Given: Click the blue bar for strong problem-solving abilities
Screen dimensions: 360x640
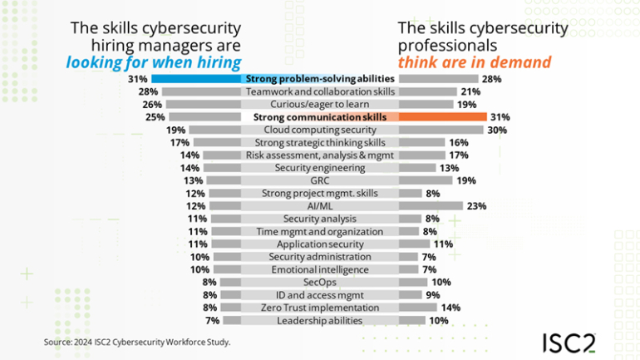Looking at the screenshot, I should click(x=198, y=78).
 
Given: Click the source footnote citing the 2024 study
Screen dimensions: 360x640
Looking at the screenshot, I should click(x=137, y=342).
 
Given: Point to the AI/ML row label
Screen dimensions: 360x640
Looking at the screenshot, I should click(x=320, y=206).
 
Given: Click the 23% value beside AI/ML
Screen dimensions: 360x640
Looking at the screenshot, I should click(x=475, y=206).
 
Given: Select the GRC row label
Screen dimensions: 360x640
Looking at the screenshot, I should click(x=320, y=180).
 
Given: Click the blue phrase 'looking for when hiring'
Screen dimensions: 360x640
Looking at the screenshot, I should click(x=154, y=62).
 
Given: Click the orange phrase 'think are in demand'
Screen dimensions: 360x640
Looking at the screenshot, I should click(x=475, y=62).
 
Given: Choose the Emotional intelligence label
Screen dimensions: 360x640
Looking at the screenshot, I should click(x=320, y=269).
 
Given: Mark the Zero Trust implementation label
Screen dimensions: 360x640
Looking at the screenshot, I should click(x=320, y=308).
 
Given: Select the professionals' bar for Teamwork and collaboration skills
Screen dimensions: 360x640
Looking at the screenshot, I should click(x=427, y=91).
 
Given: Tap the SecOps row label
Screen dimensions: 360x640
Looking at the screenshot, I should click(x=320, y=282).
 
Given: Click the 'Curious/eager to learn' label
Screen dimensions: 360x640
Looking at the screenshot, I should click(x=320, y=104).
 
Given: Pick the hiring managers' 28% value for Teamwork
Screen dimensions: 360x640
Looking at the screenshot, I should click(x=149, y=91).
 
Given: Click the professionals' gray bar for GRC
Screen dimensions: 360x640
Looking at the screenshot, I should click(x=425, y=180).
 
